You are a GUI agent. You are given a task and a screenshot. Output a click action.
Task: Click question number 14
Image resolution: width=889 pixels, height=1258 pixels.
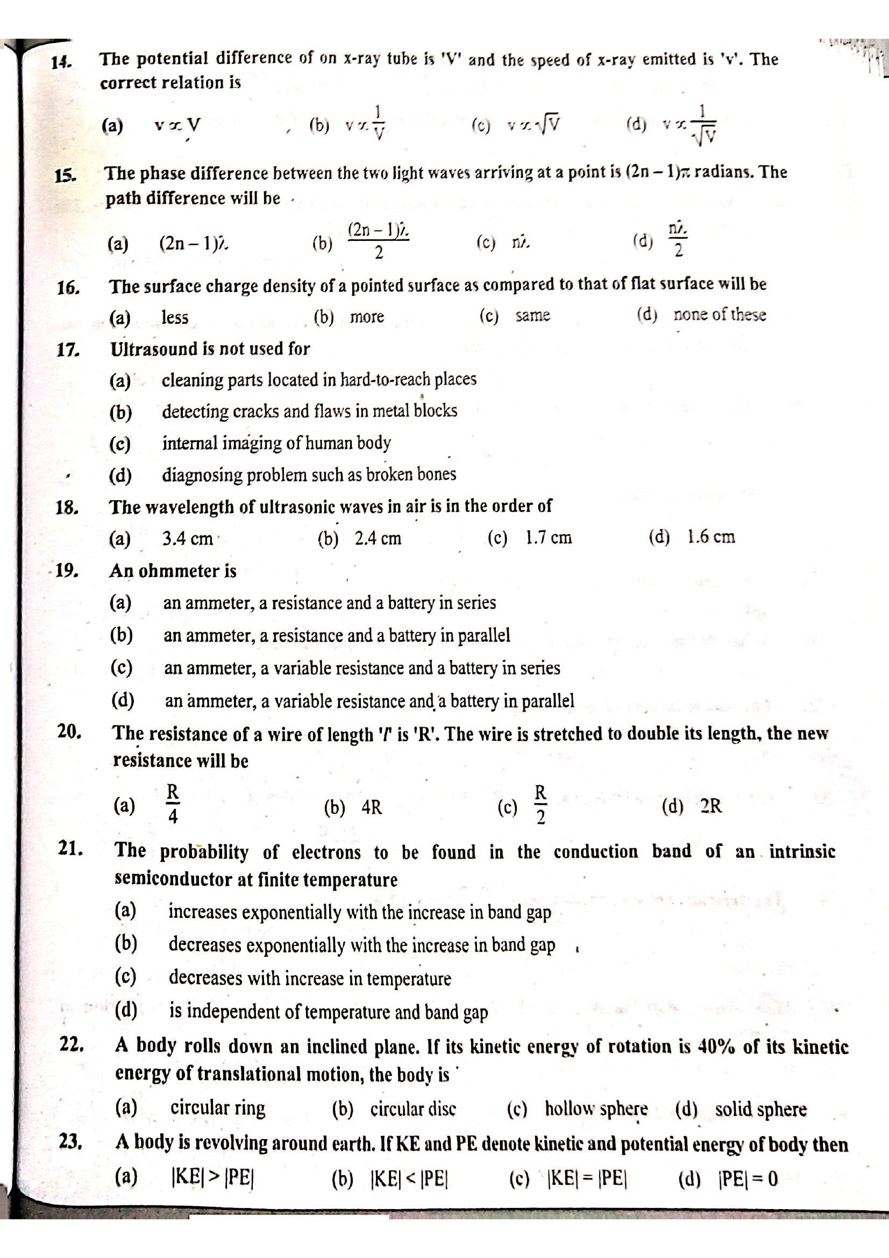click(61, 62)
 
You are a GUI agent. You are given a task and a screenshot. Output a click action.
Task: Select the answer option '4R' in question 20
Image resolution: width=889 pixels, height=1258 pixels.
click(372, 807)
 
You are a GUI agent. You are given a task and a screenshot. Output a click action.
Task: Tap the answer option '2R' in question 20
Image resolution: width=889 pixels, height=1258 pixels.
click(711, 806)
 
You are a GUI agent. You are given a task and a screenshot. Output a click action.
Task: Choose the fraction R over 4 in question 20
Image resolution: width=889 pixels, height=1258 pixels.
click(173, 804)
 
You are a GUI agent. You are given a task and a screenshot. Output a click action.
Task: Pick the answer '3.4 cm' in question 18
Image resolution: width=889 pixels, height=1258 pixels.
click(187, 538)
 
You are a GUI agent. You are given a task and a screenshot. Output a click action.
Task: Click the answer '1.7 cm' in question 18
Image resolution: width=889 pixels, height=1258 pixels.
click(549, 537)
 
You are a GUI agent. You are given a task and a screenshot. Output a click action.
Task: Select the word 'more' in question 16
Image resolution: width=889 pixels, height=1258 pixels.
click(367, 317)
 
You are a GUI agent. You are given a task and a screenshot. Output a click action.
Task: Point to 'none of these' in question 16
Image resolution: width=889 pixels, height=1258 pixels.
click(719, 315)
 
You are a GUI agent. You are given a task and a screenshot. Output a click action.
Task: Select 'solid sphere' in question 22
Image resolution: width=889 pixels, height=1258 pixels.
click(760, 1110)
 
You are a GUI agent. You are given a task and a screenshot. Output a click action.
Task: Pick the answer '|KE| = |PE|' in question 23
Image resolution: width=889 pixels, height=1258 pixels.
click(587, 1179)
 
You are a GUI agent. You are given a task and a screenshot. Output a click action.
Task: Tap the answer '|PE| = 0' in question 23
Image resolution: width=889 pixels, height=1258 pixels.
click(747, 1179)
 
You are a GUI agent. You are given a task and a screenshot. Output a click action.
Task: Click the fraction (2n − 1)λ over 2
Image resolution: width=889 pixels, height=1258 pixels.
click(379, 240)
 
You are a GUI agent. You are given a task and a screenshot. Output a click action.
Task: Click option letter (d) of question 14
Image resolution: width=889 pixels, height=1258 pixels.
click(636, 124)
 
